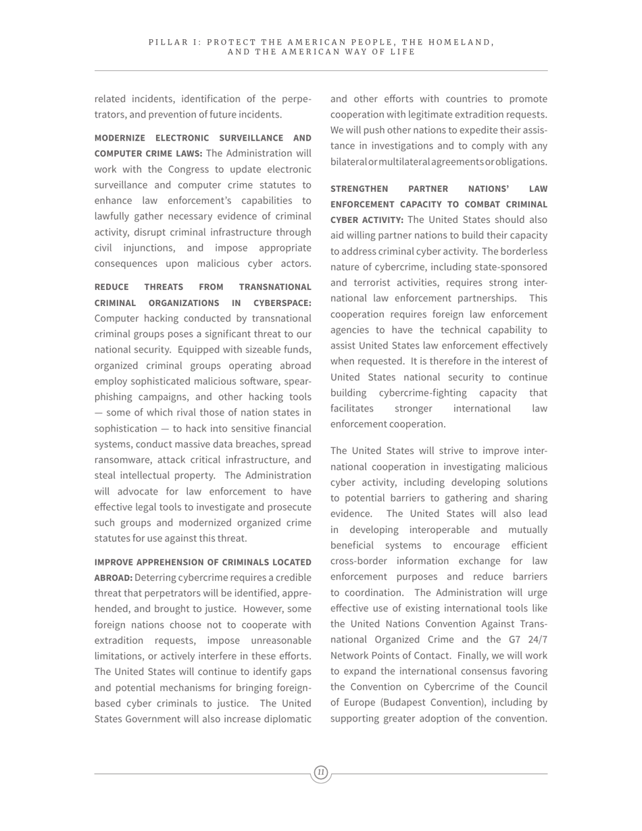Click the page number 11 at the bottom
(x=321, y=772)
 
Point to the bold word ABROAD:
(x=113, y=578)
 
